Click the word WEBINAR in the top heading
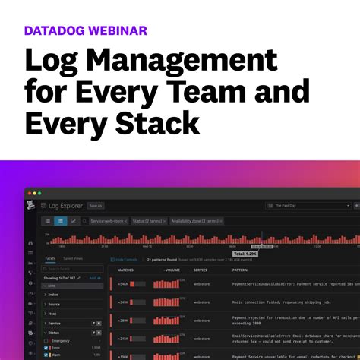(x=115, y=31)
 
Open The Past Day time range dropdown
(x=308, y=205)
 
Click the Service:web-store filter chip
(x=109, y=221)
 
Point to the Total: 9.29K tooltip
(x=246, y=254)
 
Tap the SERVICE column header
(x=201, y=270)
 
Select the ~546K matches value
(x=122, y=284)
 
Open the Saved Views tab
(x=74, y=259)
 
